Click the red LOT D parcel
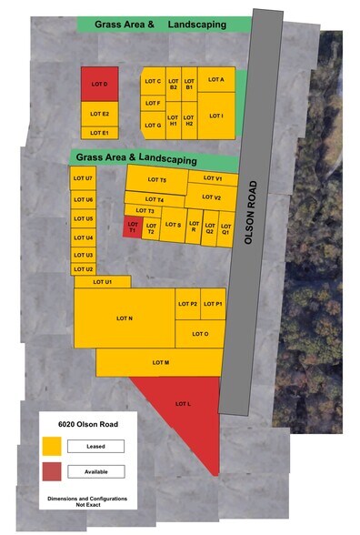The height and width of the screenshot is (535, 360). pos(100,83)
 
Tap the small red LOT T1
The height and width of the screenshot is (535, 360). pos(133,227)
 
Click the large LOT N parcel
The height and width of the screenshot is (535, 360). pos(125,318)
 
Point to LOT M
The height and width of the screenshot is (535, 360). pos(160,362)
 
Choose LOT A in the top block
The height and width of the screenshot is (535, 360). pos(216,79)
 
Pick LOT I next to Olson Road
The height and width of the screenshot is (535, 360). pos(216,116)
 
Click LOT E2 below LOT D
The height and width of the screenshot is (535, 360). pos(100,114)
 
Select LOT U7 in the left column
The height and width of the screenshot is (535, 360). pos(83,177)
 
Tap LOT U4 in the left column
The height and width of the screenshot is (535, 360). pos(83,237)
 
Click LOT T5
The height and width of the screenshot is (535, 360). pos(156,179)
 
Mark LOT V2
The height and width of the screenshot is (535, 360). pos(213,197)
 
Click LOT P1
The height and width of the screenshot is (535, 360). pos(214,303)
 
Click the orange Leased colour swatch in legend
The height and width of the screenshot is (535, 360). pos(52,446)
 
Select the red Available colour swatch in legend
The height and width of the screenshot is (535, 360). pos(52,470)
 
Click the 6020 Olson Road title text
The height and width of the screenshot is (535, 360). pos(86,423)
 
